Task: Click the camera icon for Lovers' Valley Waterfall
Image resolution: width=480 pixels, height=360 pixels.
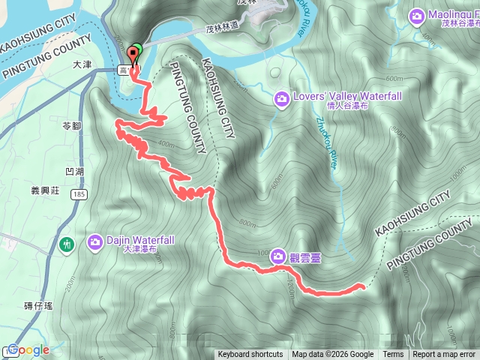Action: click(x=281, y=97)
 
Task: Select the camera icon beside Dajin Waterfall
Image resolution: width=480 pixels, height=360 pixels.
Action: click(x=95, y=241)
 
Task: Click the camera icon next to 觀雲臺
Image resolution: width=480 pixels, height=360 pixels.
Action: click(x=278, y=256)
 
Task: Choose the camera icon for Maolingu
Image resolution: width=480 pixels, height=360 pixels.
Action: click(x=417, y=15)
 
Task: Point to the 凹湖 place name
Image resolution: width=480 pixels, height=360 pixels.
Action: click(x=74, y=172)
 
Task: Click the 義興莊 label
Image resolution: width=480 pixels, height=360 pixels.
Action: click(x=44, y=190)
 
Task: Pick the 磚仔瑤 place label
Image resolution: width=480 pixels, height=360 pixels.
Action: click(x=37, y=304)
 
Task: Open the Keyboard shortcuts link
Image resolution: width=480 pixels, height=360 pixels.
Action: click(x=250, y=355)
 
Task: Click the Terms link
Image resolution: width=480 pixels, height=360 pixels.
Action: click(x=393, y=355)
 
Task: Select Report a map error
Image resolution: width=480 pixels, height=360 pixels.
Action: click(x=445, y=355)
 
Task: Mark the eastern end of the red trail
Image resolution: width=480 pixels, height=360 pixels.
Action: click(x=362, y=286)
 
